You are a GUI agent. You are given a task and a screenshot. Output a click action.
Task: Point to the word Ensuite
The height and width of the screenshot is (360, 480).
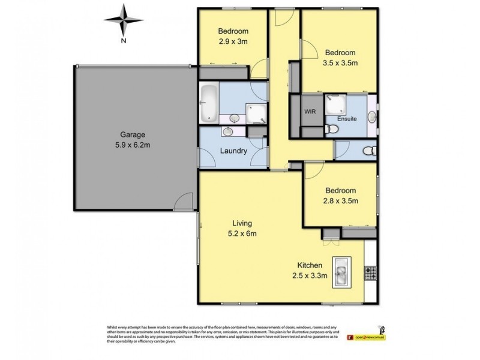click(347, 119)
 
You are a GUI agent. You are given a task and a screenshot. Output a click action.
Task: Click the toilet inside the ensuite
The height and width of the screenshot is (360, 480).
click(329, 128)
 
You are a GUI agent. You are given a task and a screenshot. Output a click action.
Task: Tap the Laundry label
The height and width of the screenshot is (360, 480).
click(234, 151)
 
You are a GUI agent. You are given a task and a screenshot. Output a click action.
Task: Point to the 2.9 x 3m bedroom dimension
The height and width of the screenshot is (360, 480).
click(233, 42)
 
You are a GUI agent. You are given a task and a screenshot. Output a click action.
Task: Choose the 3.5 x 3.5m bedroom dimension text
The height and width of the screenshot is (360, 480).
click(341, 62)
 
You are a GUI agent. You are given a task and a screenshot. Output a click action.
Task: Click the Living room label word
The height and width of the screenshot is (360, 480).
click(235, 223)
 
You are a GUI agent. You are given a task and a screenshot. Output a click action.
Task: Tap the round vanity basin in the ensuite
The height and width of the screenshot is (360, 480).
click(372, 118)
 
